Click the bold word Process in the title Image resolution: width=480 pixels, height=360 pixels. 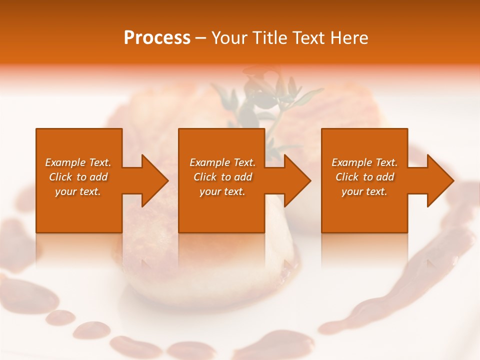[157, 38]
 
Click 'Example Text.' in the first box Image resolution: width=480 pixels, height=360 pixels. [78, 162]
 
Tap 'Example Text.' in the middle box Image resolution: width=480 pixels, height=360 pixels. [222, 162]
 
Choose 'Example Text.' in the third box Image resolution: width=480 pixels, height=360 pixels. [364, 162]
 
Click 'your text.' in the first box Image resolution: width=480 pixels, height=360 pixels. [78, 191]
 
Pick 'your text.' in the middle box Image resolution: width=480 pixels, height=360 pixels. [222, 191]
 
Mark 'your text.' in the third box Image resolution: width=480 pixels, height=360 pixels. [364, 191]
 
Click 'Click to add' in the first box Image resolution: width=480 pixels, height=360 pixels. [78, 177]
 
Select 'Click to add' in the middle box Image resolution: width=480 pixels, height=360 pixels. [222, 177]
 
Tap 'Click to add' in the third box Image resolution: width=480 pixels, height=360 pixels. [364, 177]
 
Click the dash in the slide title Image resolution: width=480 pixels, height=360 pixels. [201, 38]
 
